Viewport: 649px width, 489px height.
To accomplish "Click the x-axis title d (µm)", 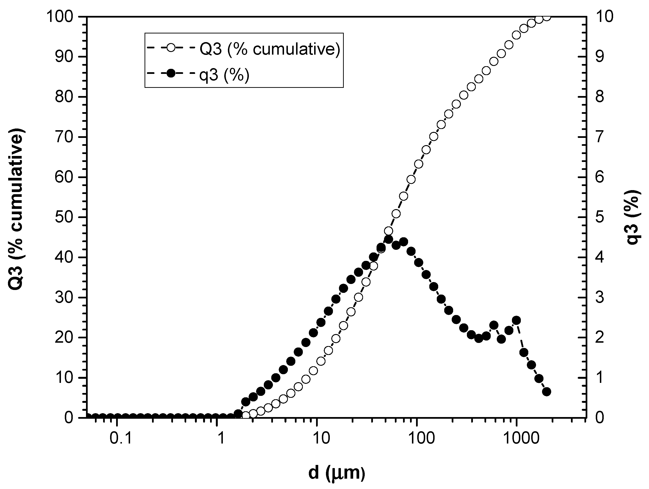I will (337, 473).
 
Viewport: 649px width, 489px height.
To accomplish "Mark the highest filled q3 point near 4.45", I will (389, 239).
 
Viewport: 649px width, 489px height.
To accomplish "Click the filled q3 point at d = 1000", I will (517, 320).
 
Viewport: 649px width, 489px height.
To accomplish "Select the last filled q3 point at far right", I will (546, 392).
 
